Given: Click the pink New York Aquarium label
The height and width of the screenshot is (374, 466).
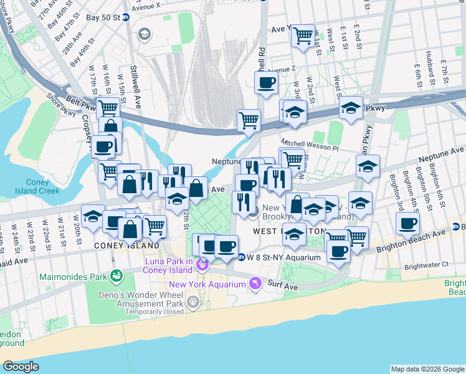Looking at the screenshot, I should click(x=207, y=284).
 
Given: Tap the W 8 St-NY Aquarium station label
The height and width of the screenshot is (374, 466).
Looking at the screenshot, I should click(x=283, y=257).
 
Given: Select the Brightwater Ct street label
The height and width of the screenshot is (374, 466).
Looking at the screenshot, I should click(x=426, y=265).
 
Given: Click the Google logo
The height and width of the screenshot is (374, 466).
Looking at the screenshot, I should click(x=21, y=367).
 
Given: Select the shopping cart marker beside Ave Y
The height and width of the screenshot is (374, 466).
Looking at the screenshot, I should click(x=303, y=36).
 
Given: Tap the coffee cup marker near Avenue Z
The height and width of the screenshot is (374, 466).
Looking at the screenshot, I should click(x=266, y=82).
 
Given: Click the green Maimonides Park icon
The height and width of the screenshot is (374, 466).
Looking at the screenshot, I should click(x=115, y=275).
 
